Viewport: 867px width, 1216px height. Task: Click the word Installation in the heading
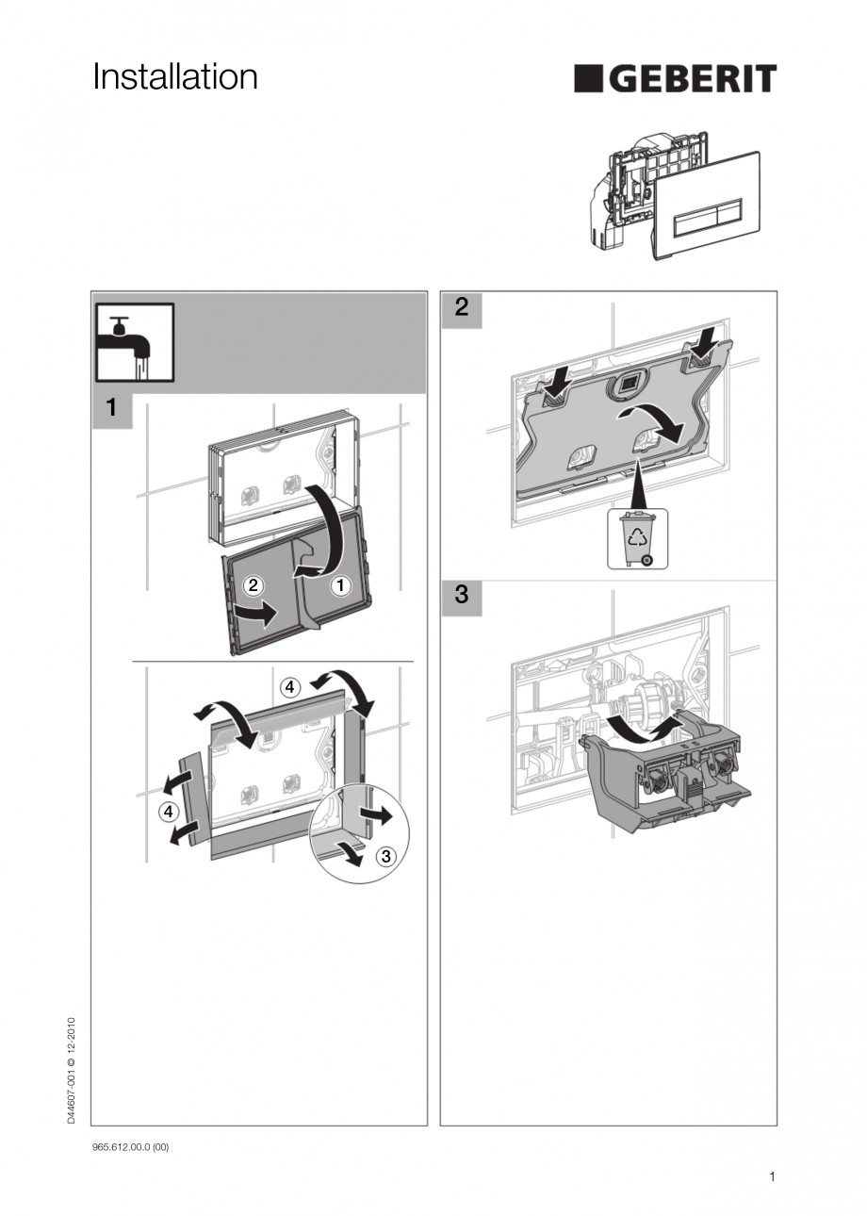pyautogui.click(x=175, y=77)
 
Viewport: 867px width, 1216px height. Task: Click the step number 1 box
pyautogui.click(x=112, y=408)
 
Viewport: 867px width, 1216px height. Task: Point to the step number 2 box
pyautogui.click(x=461, y=308)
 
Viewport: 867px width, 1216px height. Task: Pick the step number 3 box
pyautogui.click(x=461, y=596)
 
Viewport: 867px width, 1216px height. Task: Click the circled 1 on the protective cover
pyautogui.click(x=340, y=585)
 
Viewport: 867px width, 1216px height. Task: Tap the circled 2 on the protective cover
pyautogui.click(x=252, y=585)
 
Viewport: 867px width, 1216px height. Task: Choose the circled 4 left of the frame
pyautogui.click(x=167, y=811)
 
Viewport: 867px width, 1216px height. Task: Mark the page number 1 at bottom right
pyautogui.click(x=772, y=1175)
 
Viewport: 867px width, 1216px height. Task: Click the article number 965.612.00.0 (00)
pyautogui.click(x=130, y=1146)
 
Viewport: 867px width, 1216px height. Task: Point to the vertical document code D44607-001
pyautogui.click(x=72, y=1070)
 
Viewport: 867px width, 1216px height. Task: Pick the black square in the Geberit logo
pyautogui.click(x=589, y=79)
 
